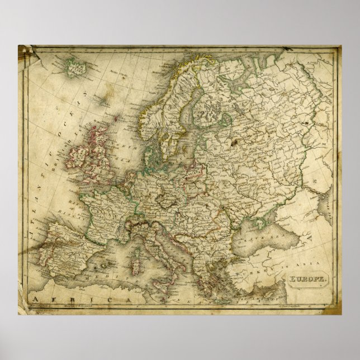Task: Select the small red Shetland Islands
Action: (x=116, y=118)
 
